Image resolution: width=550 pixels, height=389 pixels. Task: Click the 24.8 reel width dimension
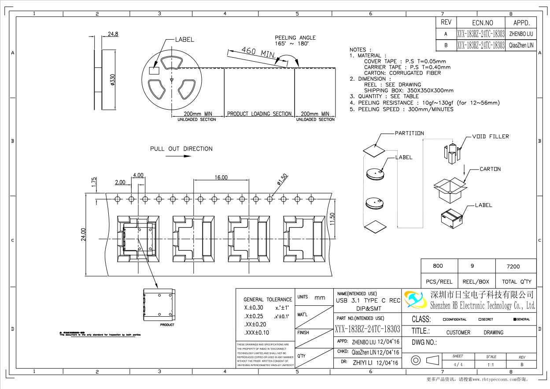point(113,34)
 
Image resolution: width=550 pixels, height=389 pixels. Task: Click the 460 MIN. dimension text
point(258,52)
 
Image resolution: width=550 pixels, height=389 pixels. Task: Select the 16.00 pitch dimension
point(221,178)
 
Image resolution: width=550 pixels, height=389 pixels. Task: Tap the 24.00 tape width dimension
point(83,235)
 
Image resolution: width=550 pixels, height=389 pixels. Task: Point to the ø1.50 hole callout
point(282,180)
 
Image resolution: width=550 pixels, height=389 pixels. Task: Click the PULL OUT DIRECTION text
point(181,149)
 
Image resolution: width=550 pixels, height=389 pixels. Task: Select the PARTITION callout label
point(409,133)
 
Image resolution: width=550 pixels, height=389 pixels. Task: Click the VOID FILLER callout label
point(490,137)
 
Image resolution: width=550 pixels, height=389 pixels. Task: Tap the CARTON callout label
point(490,169)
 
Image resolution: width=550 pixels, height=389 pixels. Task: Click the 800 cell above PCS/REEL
point(438,266)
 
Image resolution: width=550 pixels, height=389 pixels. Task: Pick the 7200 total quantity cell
point(513,267)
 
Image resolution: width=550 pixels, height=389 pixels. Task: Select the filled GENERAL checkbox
point(514,319)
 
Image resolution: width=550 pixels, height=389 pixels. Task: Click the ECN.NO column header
point(482,23)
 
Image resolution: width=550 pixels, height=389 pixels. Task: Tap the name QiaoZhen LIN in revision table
point(521,45)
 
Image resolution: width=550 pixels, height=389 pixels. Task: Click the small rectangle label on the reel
point(154,70)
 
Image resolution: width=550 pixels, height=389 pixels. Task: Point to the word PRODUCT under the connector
point(167,325)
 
